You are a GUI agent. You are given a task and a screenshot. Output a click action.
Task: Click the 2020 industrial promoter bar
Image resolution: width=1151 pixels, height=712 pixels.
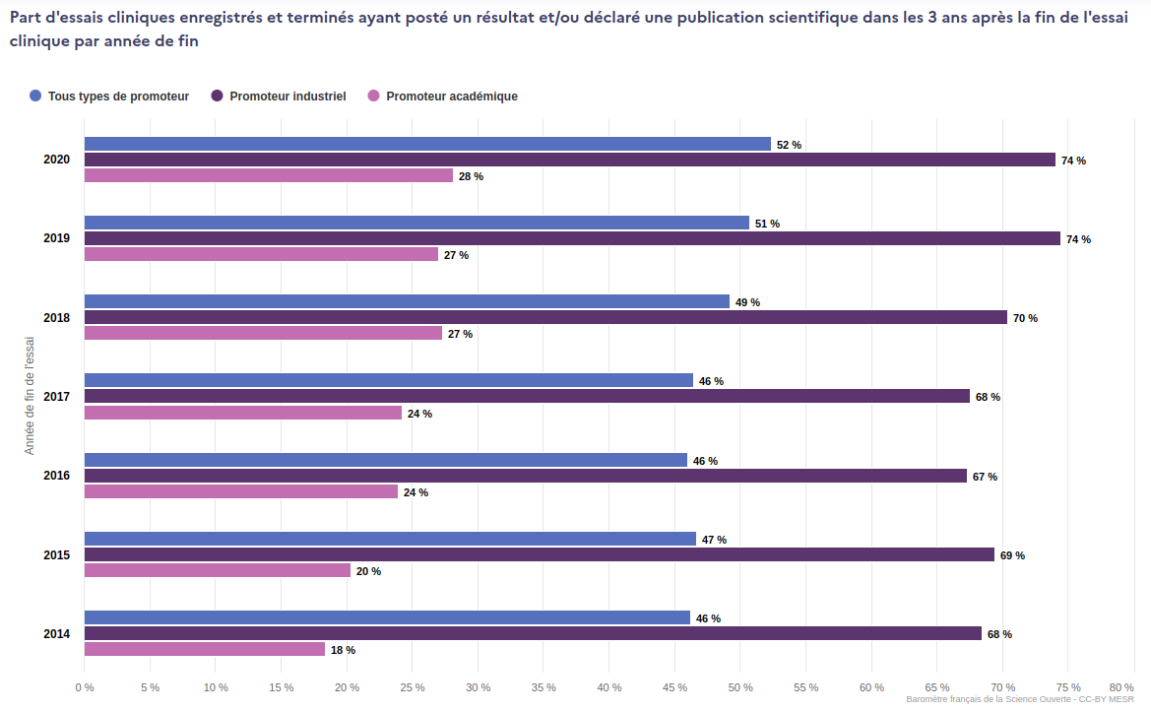click(x=569, y=160)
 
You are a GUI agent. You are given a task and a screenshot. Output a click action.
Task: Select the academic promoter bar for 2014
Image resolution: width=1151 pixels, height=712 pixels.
click(x=205, y=649)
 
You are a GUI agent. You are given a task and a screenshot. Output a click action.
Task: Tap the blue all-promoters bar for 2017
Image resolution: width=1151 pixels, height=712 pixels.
click(x=389, y=380)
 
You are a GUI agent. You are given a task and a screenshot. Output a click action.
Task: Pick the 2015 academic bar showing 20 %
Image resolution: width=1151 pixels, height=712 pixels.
click(x=218, y=570)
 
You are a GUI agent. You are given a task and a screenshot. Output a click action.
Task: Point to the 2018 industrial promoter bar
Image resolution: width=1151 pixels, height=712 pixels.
click(x=545, y=317)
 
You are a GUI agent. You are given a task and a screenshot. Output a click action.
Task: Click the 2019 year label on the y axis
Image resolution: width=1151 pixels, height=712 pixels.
click(x=57, y=238)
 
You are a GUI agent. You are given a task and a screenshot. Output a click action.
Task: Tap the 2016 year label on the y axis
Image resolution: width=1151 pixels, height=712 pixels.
click(x=57, y=476)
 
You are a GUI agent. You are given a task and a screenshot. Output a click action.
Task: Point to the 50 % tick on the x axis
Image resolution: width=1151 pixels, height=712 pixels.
click(x=740, y=687)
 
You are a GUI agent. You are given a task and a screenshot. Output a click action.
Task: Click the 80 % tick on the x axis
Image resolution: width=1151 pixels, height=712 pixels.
click(x=1121, y=687)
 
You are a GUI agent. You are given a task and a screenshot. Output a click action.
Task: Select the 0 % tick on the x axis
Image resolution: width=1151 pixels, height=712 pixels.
click(x=85, y=687)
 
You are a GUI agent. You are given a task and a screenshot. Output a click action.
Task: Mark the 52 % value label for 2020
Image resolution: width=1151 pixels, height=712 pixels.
click(x=789, y=145)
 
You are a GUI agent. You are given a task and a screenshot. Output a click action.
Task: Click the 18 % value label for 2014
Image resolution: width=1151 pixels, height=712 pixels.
click(x=343, y=650)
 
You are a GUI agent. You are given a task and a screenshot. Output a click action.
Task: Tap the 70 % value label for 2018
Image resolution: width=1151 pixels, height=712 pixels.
click(x=1025, y=318)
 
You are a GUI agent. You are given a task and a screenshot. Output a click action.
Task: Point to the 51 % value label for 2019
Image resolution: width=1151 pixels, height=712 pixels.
click(x=767, y=224)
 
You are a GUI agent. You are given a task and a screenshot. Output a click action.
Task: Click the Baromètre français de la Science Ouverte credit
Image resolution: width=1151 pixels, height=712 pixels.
click(x=1019, y=699)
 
